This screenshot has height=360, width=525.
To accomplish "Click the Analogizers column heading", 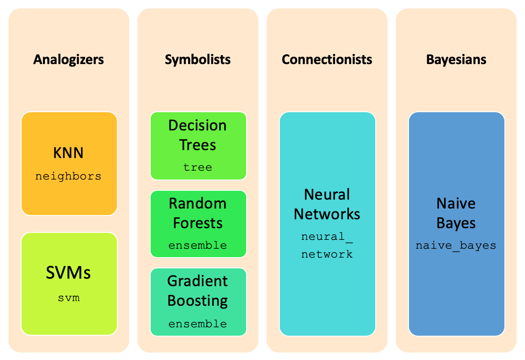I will click(68, 59).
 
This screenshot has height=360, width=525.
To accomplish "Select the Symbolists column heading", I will click(197, 59).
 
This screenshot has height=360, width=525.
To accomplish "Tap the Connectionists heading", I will click(327, 59).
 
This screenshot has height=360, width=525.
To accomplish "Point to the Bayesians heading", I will click(456, 59).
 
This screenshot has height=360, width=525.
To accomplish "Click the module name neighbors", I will click(68, 176).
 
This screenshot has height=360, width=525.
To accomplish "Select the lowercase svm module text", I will click(68, 297).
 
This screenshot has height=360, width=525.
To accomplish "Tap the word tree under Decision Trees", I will click(197, 167).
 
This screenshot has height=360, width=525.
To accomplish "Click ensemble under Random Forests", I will click(197, 245).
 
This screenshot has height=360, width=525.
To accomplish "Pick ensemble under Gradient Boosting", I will click(197, 324).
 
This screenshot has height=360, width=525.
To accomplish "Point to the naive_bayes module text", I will click(456, 245).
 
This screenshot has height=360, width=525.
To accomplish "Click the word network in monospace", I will click(327, 254).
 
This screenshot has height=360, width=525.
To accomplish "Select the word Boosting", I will click(197, 300).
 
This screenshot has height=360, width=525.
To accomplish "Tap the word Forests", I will click(197, 223).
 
